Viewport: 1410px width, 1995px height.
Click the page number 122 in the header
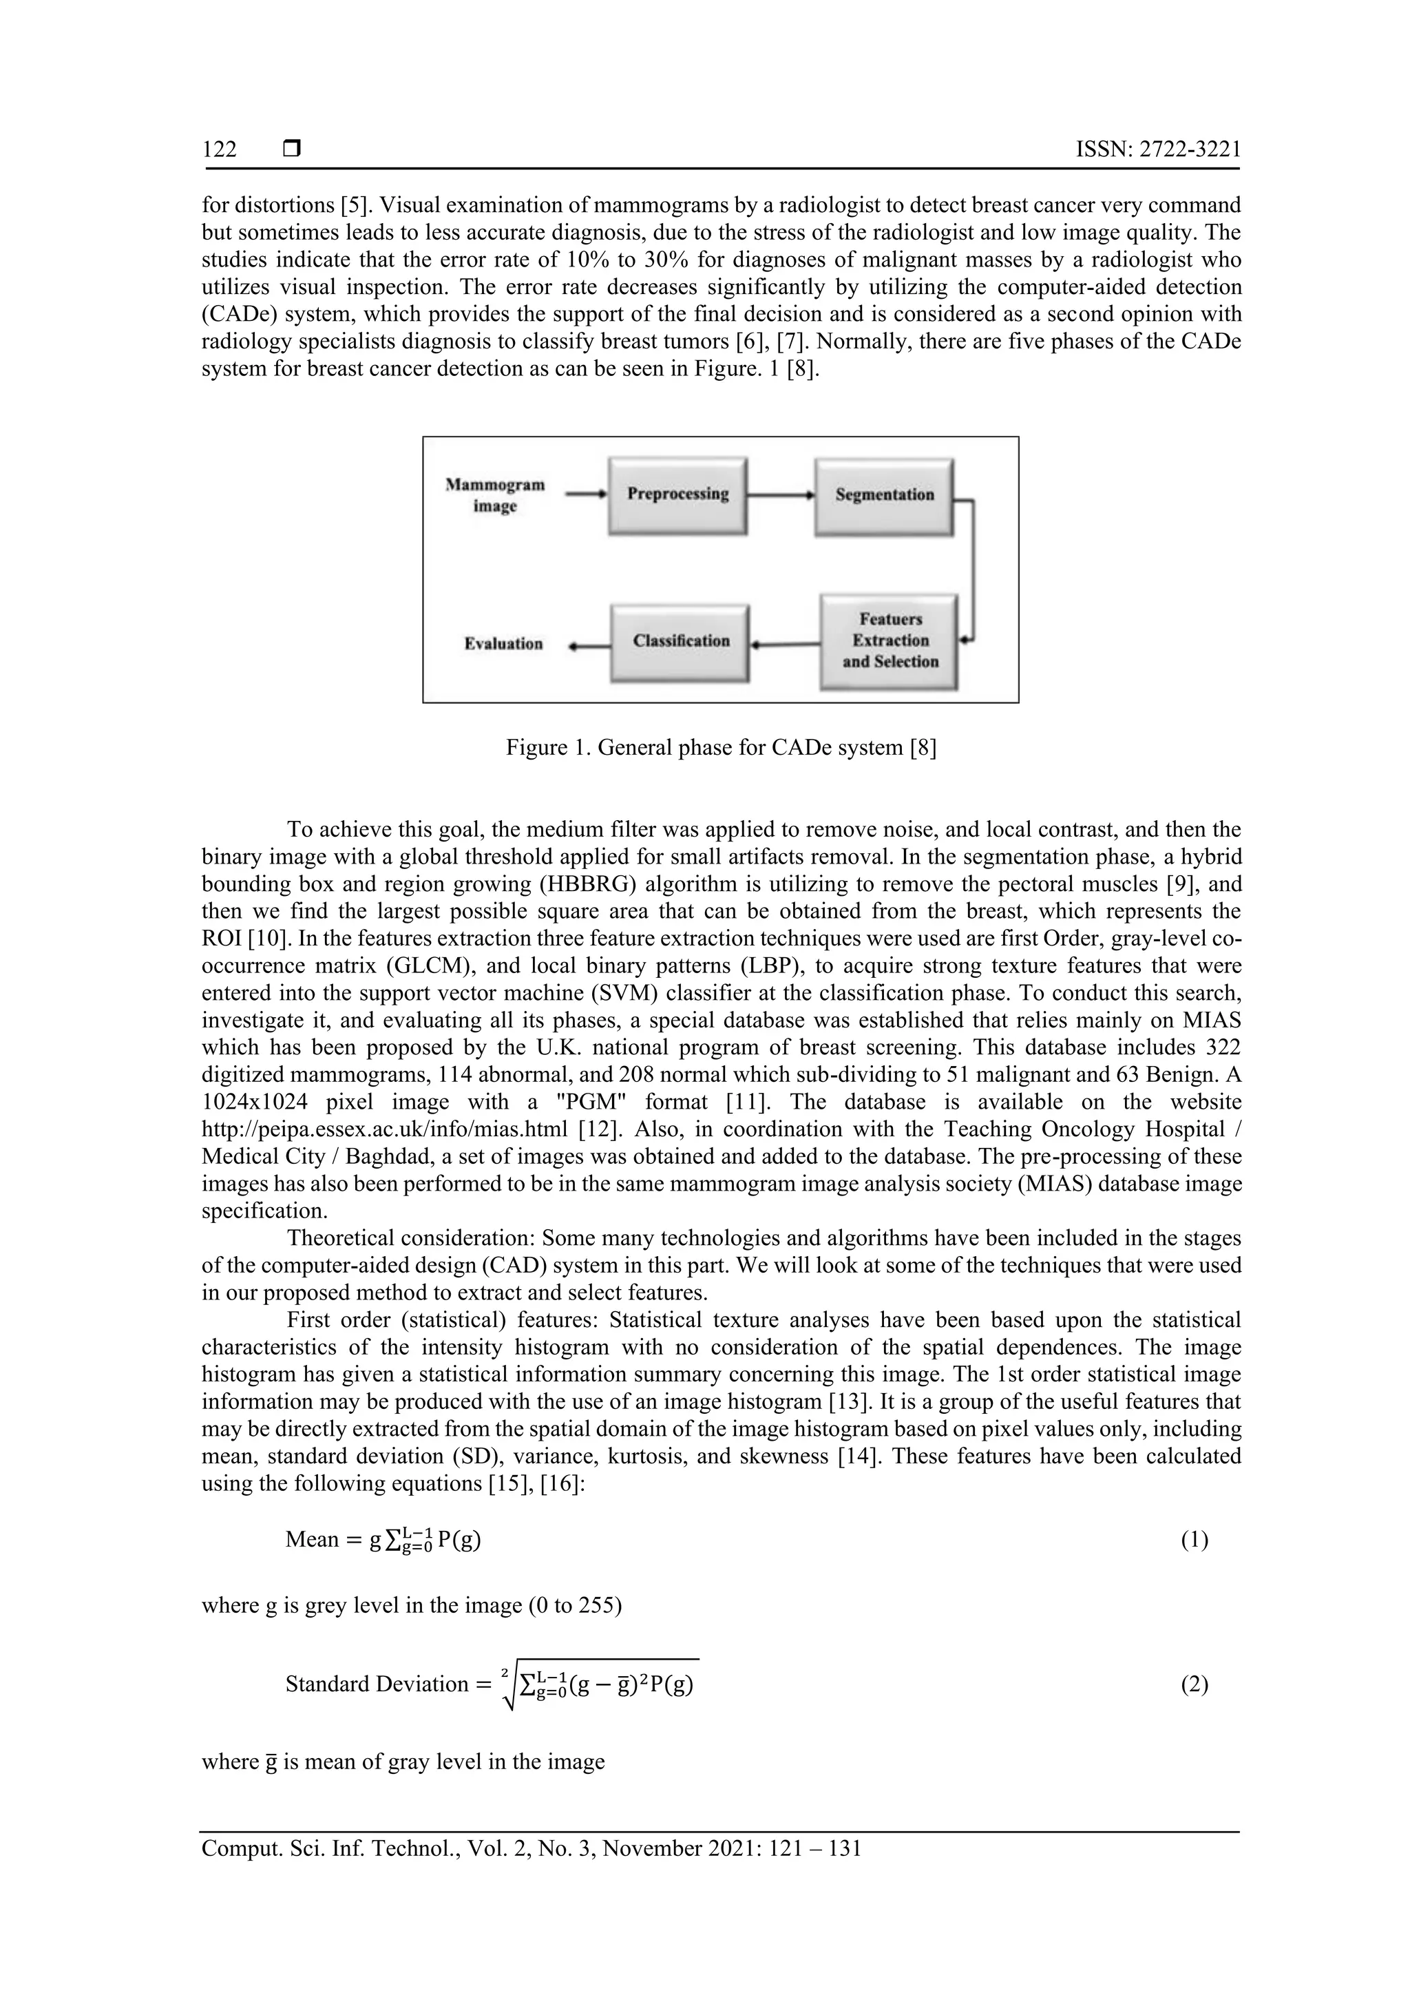[x=219, y=150]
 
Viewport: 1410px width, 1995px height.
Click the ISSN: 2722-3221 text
[x=1158, y=149]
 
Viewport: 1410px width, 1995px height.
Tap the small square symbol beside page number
[x=292, y=149]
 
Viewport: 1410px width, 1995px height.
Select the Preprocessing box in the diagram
[x=677, y=494]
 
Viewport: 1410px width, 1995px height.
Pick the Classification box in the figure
[x=680, y=641]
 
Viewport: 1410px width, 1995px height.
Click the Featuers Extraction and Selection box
[x=890, y=641]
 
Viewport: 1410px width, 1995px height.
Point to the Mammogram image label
[x=495, y=495]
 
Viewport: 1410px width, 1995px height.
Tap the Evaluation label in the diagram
[x=503, y=644]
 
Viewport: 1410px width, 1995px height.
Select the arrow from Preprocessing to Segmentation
[x=780, y=495]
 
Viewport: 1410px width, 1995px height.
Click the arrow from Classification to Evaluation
[x=590, y=645]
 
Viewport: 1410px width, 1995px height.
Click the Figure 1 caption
[x=721, y=747]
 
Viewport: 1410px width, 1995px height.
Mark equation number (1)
[x=1194, y=1540]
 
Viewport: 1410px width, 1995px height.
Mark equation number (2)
[x=1194, y=1686]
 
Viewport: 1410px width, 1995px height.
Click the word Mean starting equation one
[x=312, y=1540]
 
